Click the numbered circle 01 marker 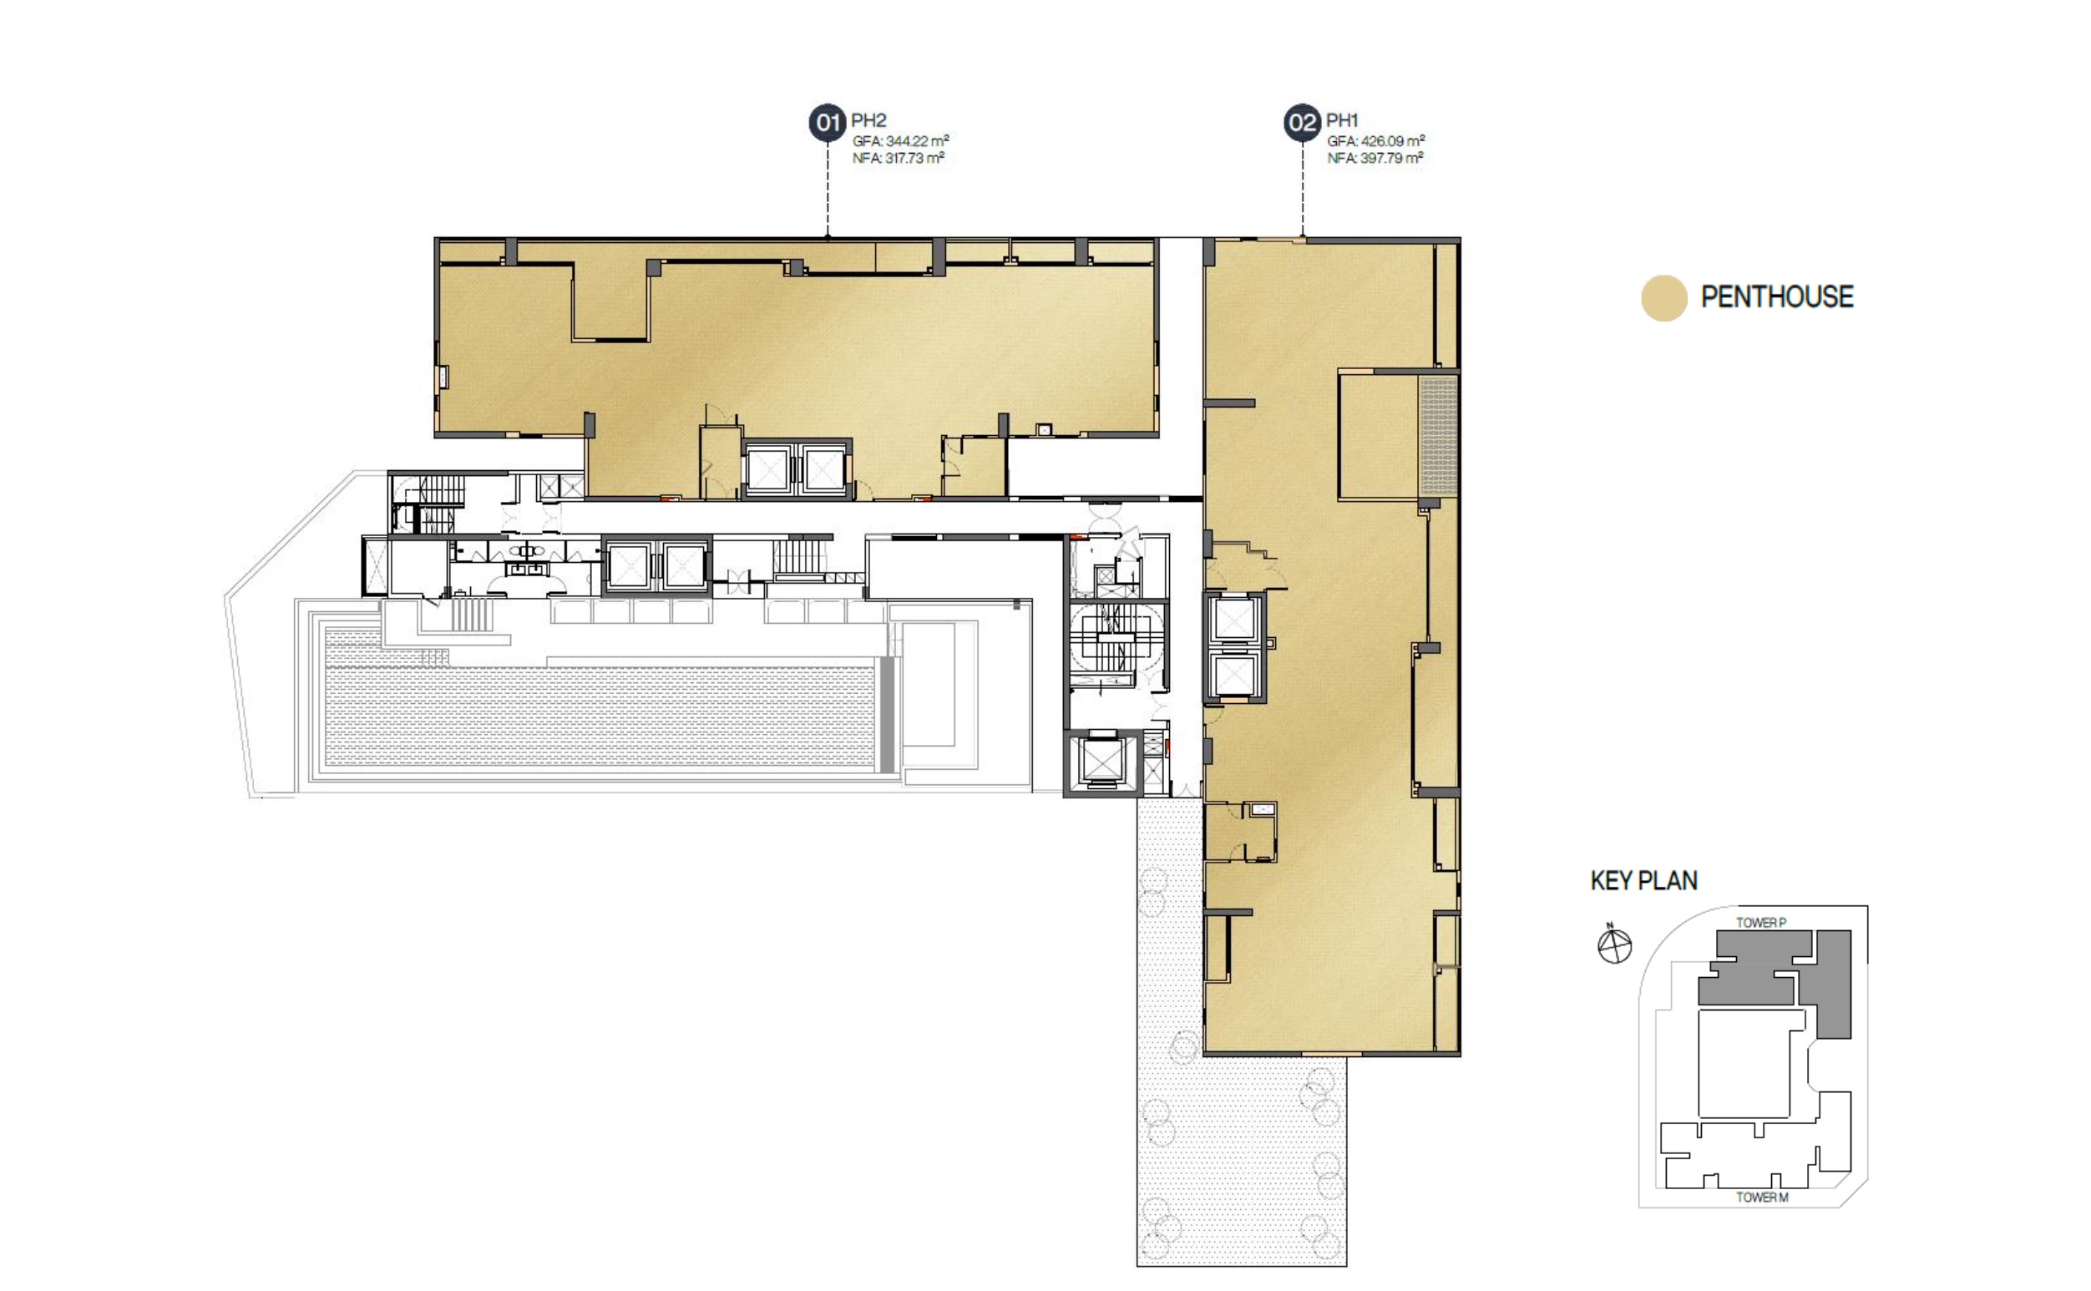(827, 123)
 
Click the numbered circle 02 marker (1302, 123)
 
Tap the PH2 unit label (868, 120)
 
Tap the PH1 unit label (1341, 120)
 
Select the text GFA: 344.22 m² (901, 141)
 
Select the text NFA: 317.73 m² (899, 158)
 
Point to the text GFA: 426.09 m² (1375, 141)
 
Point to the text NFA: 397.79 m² (1375, 158)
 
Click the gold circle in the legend (1663, 298)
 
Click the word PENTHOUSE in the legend (1777, 297)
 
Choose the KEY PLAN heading (1643, 880)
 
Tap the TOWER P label (1760, 922)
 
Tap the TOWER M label (1761, 1197)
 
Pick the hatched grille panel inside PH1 (1438, 436)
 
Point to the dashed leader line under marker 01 (828, 189)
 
